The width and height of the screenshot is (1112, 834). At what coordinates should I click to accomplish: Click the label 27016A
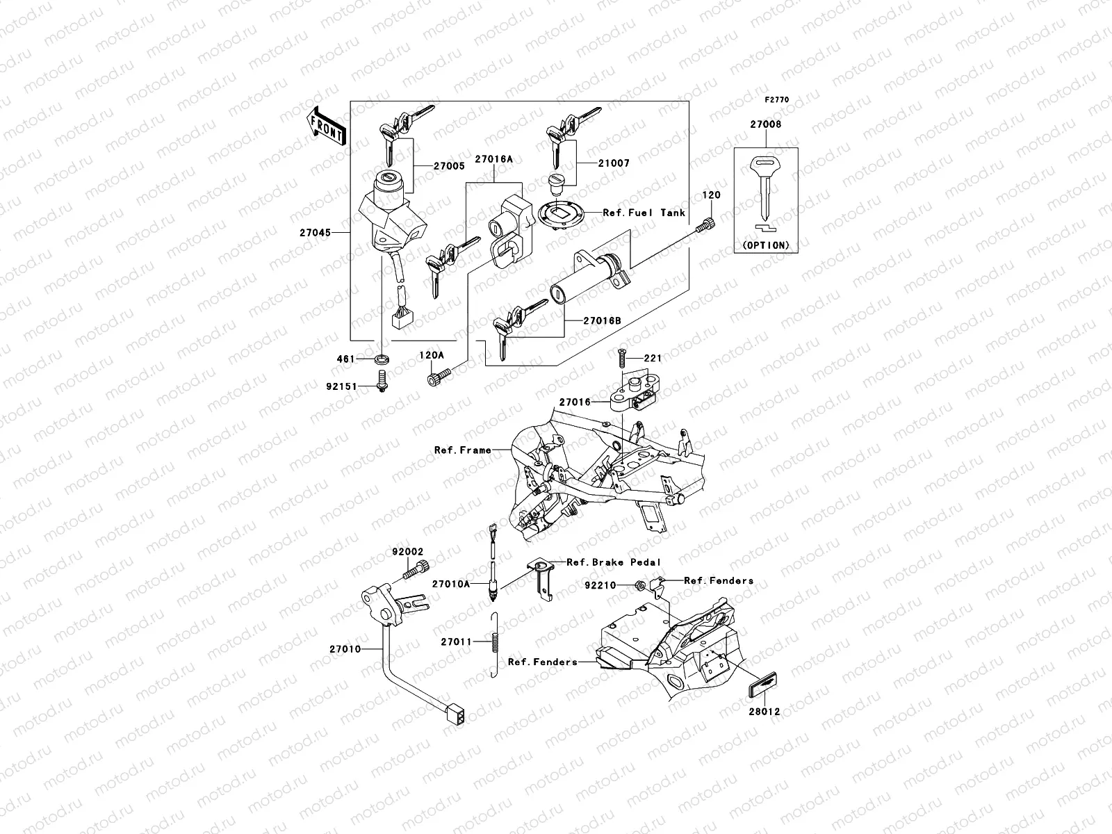pos(493,159)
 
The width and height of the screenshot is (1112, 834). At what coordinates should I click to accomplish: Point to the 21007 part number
pos(612,163)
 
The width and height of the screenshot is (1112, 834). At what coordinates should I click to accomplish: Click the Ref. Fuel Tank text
pos(644,213)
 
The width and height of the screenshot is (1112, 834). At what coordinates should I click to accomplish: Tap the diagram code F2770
pos(777,100)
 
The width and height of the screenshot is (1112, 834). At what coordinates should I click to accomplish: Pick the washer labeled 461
pos(382,359)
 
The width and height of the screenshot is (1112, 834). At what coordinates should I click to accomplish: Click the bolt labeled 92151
pos(382,380)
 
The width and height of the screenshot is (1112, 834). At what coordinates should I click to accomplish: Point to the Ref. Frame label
pos(462,450)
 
